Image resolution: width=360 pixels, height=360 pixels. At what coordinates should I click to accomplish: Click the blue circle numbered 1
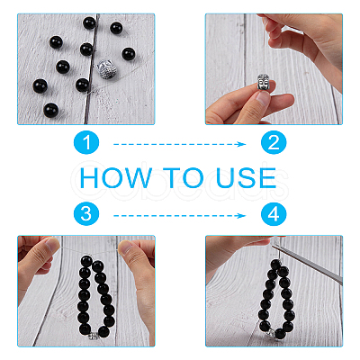(86, 142)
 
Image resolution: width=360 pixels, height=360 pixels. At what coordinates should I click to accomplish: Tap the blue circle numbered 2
(274, 142)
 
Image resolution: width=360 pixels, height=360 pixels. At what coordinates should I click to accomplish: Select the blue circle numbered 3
(86, 214)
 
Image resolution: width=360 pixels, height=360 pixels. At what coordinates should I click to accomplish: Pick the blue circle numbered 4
(274, 214)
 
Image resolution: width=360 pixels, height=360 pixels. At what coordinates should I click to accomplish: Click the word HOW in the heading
(116, 178)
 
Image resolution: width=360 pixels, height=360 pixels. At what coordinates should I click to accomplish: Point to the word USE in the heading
(246, 178)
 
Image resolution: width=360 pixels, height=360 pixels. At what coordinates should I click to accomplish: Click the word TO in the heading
(184, 178)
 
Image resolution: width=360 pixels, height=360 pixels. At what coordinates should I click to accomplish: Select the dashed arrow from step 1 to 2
(179, 144)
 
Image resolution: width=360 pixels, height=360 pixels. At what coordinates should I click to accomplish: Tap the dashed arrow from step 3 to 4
(179, 215)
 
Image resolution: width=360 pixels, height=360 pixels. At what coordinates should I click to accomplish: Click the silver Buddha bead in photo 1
(107, 69)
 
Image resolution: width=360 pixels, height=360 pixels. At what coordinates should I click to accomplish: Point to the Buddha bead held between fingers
(264, 82)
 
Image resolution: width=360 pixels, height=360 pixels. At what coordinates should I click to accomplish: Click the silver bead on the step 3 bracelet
(94, 335)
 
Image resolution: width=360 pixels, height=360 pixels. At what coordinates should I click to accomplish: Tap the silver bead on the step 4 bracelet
(270, 332)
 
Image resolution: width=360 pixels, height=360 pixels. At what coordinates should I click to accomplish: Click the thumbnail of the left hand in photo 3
(52, 244)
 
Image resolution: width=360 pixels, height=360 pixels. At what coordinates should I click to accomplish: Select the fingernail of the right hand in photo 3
(126, 248)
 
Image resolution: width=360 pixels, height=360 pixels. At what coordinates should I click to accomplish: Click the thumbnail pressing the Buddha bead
(264, 98)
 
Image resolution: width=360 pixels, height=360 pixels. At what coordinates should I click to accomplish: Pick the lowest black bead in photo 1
(50, 111)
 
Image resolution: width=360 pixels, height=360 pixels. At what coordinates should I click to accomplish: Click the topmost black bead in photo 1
(89, 22)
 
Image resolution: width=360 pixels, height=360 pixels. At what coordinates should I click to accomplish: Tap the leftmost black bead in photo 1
(40, 86)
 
